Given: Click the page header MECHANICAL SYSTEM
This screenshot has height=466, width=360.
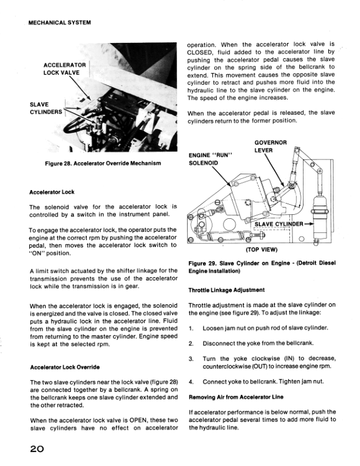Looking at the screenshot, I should point(62,24).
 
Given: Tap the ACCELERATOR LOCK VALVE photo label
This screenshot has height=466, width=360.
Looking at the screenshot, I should point(65,68).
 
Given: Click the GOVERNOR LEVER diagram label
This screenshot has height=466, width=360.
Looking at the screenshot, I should point(270,146).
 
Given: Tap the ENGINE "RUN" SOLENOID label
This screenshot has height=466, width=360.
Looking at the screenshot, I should point(211,158).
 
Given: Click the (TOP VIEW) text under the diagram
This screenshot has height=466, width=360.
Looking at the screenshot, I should point(261,248).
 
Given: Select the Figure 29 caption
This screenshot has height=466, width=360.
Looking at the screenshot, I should point(261,267).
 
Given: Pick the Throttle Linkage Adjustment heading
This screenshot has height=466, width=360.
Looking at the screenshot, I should point(226,290).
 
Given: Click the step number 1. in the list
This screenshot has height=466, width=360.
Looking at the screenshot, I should point(192,327).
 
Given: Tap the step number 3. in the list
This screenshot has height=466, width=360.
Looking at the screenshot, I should point(192,359).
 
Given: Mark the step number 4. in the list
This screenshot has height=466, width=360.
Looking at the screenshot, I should point(192,382).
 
